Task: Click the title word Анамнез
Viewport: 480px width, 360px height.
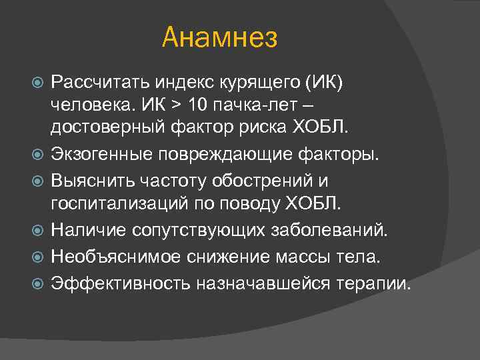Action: click(219, 38)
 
